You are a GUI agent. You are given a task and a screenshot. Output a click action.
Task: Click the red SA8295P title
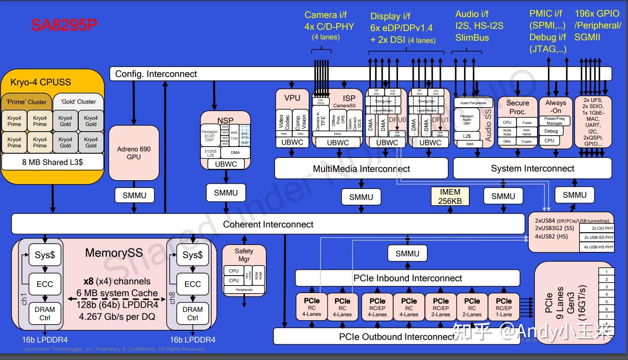point(64,25)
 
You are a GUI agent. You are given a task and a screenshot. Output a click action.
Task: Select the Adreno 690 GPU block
point(134,153)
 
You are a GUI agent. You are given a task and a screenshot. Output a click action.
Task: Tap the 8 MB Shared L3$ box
point(52,162)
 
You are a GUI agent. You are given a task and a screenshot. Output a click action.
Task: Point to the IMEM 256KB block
point(450,196)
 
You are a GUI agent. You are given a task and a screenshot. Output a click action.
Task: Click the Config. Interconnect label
point(156,74)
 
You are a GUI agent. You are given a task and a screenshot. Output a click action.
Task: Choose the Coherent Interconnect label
point(268,224)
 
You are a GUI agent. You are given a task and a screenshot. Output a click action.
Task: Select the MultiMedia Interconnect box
point(361,168)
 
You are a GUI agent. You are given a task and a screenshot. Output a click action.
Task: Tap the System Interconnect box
point(532,168)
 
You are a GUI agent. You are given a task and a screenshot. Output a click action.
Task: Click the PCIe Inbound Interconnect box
point(408,278)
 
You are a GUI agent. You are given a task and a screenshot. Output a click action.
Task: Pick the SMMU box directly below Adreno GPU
point(134,195)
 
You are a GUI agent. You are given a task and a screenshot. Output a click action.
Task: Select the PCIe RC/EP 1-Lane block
point(503,307)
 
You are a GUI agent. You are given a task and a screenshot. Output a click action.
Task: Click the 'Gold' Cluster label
point(78,101)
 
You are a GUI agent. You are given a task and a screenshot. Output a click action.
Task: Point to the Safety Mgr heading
point(244,255)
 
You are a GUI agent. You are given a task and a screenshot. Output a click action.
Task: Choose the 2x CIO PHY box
point(602,228)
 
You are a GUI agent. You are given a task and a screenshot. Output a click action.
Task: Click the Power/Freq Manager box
point(554,121)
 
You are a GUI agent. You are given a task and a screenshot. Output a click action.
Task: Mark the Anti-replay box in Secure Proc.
point(527,132)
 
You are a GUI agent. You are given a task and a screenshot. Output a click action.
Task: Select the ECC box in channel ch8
point(192,284)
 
